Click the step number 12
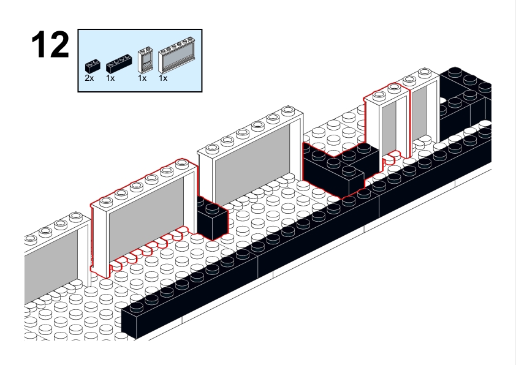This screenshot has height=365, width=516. pos(51,45)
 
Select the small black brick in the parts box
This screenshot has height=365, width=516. pos(92,63)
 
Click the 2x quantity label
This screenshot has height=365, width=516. pos(90,78)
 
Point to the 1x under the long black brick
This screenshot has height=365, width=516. pos(110,78)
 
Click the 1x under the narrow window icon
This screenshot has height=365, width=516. pos(142,78)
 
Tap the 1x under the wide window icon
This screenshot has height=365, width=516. pos(163,78)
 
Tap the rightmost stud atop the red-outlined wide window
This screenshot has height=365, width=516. pos(182,164)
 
